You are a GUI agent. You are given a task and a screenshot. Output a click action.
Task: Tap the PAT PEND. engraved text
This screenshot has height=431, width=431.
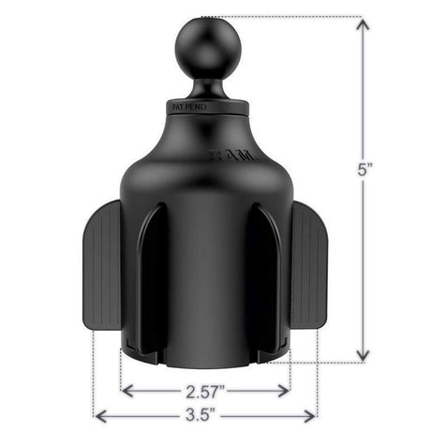tap(192, 109)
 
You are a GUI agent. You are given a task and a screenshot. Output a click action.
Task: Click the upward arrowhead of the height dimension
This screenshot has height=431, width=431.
tap(362, 25)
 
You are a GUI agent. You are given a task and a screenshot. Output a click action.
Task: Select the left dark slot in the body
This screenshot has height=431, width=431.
tap(156, 281)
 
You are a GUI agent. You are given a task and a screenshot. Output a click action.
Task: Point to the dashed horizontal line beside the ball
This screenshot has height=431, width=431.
tap(290, 16)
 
